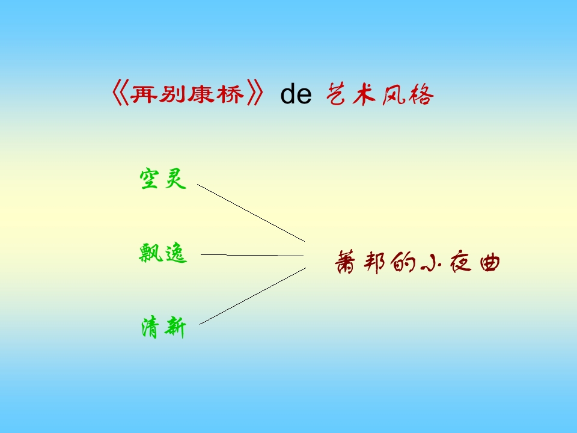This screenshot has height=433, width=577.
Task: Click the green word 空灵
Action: point(163,179)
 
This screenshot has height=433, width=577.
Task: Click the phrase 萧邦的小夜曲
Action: point(417,264)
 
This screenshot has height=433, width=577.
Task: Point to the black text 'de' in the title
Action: point(296,95)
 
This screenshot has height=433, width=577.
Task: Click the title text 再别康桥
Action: point(188,95)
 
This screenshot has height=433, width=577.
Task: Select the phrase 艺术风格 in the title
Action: point(380,95)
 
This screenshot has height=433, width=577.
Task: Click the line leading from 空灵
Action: point(251,213)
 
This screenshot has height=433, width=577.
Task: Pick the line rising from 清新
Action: point(252,296)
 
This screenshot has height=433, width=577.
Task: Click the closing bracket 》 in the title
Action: point(255,95)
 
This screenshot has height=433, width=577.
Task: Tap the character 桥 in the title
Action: point(231,95)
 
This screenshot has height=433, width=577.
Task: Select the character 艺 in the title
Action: point(338,95)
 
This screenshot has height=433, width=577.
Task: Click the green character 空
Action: point(150,179)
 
